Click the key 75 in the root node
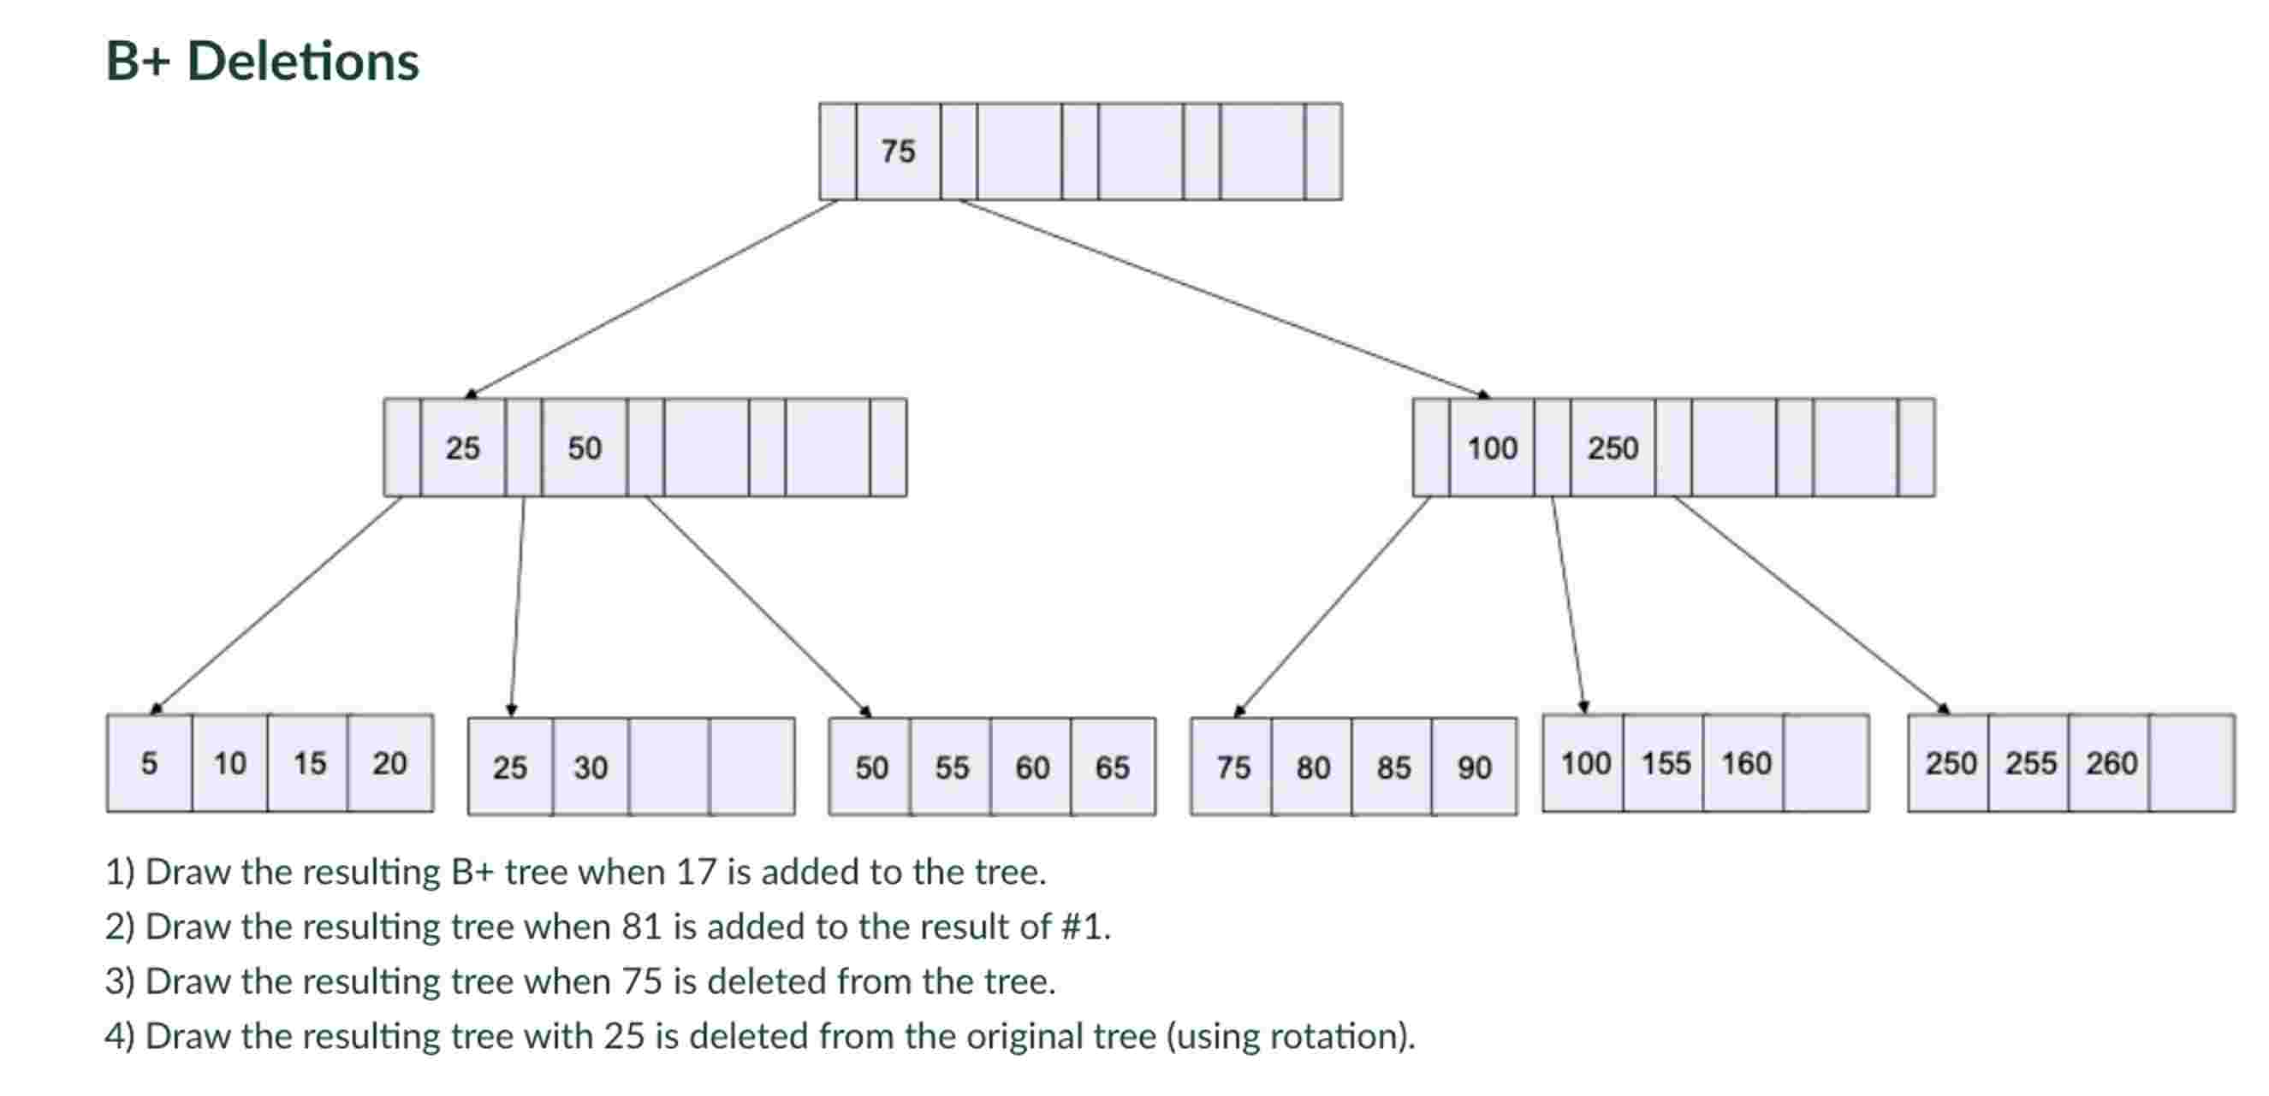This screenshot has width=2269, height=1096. click(898, 151)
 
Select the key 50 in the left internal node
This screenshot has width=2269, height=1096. click(584, 448)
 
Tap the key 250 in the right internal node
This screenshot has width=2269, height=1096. click(1612, 448)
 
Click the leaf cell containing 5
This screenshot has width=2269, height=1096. click(149, 763)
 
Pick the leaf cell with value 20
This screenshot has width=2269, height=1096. click(389, 763)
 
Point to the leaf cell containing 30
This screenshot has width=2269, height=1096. click(591, 767)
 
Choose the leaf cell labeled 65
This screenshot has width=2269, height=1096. click(1112, 767)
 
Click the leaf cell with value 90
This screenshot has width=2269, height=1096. click(1474, 767)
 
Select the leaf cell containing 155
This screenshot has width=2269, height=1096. click(1665, 763)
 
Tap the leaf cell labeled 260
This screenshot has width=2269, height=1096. click(2111, 763)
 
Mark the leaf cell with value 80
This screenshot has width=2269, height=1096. click(1312, 767)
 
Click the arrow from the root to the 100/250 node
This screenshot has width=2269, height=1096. click(1224, 299)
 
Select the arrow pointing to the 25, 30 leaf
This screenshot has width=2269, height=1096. click(518, 607)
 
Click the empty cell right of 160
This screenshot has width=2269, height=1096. click(1825, 763)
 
